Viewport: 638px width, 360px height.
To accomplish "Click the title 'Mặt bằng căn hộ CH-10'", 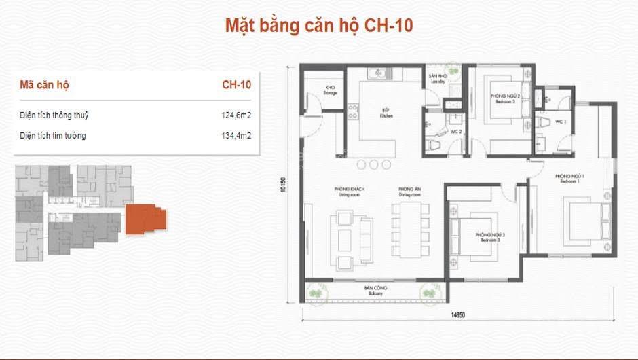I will (319, 26).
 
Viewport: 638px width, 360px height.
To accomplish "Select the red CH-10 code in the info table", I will (237, 86).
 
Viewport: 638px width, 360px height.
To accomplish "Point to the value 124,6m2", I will (238, 115).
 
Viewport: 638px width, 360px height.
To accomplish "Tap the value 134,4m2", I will (238, 136).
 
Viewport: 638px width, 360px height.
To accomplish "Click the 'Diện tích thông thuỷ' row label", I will (54, 115).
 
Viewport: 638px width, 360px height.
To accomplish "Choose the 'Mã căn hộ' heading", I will (45, 86).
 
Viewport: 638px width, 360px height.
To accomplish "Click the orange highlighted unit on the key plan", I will (144, 219).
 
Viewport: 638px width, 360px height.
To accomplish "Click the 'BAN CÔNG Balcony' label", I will (375, 291).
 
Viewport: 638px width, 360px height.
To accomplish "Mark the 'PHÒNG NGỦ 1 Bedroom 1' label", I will (571, 180).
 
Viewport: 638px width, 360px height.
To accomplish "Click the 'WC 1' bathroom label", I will (561, 122).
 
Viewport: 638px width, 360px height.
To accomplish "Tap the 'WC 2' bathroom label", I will (455, 132).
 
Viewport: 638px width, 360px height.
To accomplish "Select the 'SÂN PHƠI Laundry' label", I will (436, 79).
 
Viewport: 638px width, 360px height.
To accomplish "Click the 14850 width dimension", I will (460, 315).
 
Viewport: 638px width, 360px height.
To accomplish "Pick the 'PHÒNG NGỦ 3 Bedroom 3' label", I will (487, 238).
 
